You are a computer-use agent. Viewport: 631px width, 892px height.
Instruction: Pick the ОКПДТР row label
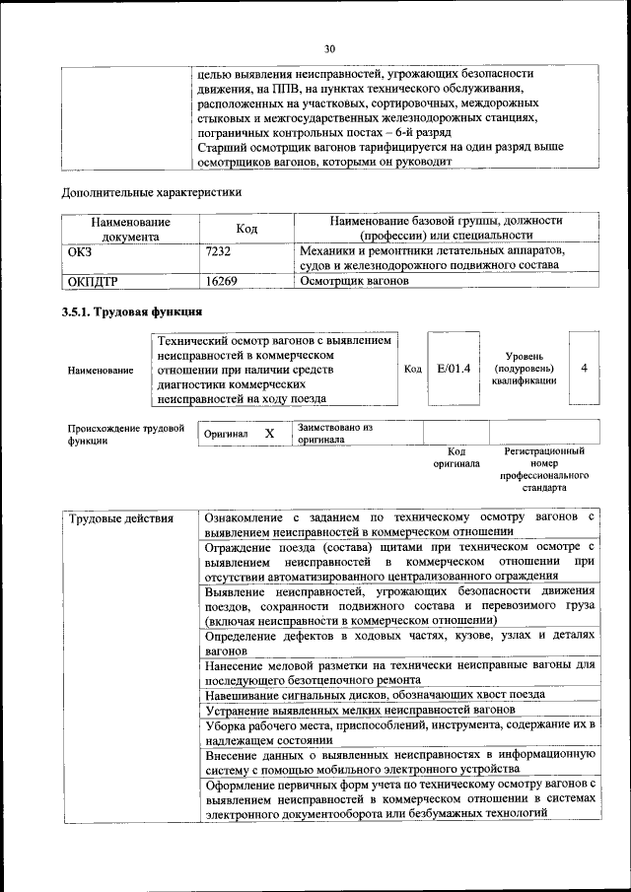(93, 281)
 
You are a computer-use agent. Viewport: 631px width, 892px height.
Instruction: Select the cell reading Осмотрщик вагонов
(354, 281)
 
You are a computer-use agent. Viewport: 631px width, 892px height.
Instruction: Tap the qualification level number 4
(585, 368)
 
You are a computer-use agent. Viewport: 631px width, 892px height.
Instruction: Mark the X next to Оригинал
(269, 434)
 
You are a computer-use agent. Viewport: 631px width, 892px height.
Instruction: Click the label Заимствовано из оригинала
(335, 434)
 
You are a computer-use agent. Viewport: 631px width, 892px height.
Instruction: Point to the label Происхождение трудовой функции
(126, 435)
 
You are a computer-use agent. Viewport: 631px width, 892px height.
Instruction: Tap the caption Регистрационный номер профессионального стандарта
(543, 469)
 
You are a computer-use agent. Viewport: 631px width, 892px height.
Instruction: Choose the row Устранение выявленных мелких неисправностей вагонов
(362, 711)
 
